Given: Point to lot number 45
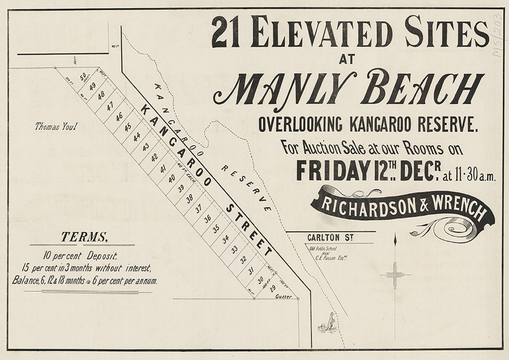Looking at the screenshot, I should coord(128,127).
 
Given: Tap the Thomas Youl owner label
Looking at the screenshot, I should coord(55,126).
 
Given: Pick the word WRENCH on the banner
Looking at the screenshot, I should coord(458,210).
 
